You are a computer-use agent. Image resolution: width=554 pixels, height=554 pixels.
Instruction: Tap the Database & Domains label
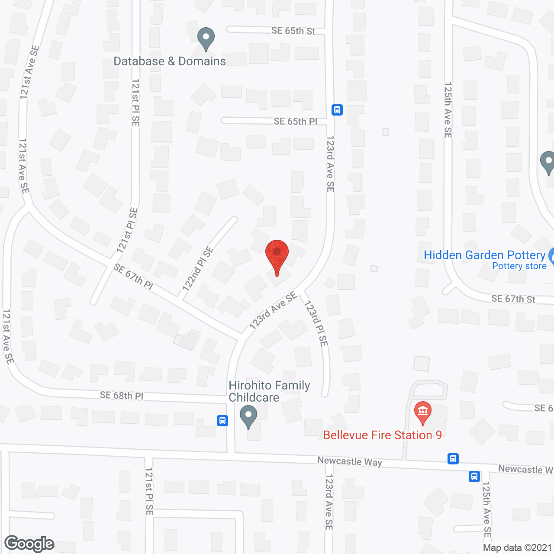point(170,61)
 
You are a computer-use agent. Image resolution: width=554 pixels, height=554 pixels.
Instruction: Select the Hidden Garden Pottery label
point(484,255)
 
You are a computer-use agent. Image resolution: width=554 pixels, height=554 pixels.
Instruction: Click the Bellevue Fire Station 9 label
point(382,435)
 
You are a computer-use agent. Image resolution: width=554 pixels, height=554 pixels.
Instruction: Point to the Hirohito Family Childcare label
point(269,391)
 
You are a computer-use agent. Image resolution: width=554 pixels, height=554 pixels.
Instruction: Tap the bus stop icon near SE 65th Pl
point(337,110)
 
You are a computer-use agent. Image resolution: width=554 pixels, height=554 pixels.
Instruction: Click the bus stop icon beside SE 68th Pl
point(222,420)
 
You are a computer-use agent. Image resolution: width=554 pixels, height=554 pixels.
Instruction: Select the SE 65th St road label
point(293,31)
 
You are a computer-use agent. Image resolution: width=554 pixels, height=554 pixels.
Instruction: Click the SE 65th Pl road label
point(295,122)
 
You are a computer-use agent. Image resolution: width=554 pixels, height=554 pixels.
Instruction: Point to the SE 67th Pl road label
point(133,277)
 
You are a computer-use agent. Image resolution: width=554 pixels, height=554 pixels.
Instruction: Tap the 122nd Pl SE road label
point(198,268)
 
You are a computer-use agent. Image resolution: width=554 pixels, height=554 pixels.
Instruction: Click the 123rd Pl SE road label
point(316,323)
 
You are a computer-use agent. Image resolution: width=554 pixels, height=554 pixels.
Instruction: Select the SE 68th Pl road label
point(121,395)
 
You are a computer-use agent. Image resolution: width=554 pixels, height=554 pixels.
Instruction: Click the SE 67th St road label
point(513,299)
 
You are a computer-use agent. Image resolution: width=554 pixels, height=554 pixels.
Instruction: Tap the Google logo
point(29,544)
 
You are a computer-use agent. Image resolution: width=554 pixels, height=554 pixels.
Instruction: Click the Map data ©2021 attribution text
point(517,548)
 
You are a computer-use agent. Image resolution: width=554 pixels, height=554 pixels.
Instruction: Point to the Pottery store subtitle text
point(519,266)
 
